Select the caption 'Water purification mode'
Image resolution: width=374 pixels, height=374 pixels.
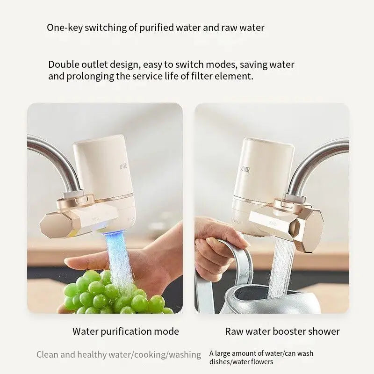point(125,331)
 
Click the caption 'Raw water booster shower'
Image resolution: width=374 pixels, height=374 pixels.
point(282,331)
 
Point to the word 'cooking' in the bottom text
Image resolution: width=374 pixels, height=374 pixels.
point(149,355)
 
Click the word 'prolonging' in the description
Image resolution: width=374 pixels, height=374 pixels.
point(91,76)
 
